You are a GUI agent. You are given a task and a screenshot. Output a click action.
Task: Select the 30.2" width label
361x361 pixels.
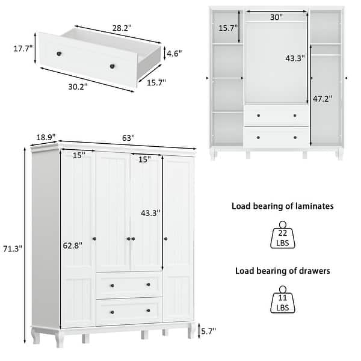78,86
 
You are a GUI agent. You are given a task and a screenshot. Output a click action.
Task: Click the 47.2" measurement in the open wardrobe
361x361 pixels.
322,98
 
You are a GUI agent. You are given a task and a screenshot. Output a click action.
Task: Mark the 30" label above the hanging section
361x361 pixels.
276,17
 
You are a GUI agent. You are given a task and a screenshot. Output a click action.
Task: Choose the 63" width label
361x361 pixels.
128,138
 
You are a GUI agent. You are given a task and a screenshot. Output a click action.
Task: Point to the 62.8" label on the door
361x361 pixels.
72,245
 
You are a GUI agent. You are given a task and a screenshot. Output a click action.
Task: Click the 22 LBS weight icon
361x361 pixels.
282,236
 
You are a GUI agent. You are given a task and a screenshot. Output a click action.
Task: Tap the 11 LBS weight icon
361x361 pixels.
282,301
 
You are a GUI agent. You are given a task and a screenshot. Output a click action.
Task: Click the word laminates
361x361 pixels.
312,206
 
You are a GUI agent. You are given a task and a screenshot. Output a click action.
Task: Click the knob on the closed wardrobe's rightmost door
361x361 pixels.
166,239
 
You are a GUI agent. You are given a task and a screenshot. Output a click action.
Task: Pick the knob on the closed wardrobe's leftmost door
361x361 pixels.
94,239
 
